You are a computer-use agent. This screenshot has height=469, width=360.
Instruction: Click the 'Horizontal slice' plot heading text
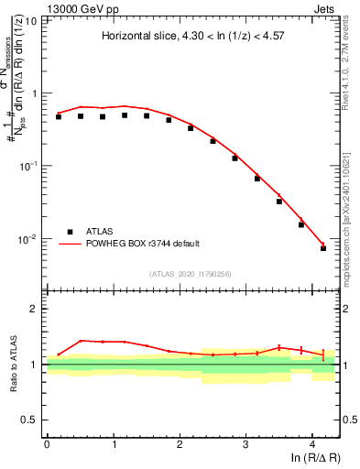192,37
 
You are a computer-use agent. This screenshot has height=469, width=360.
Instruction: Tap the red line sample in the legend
70,244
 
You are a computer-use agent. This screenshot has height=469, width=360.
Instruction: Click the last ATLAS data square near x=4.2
323,248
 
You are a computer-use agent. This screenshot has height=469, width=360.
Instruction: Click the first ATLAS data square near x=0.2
59,117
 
